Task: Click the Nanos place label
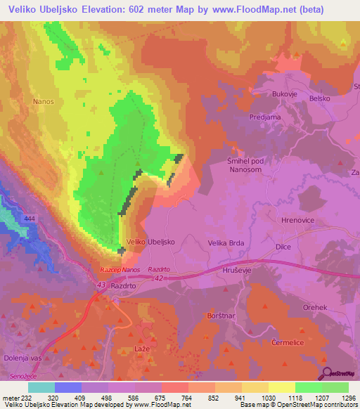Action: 44,101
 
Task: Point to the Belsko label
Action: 320,100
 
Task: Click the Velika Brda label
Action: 226,242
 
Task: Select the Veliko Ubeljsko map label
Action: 150,242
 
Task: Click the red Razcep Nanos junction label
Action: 120,270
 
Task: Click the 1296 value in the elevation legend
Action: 348,397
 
